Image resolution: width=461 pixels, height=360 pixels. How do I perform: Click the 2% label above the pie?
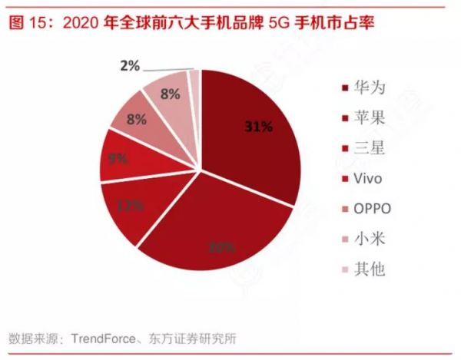[x=130, y=66]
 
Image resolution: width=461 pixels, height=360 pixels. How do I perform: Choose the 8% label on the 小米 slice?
[x=170, y=94]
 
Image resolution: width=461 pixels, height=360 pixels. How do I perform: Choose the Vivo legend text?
[x=370, y=179]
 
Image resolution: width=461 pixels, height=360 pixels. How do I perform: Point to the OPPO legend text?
[x=373, y=209]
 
